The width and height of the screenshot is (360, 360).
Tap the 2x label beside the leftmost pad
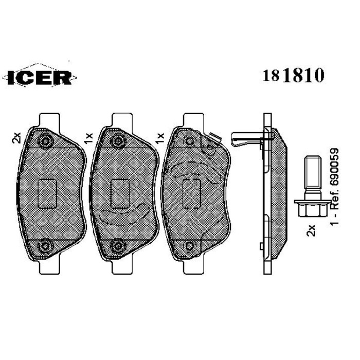[16, 137]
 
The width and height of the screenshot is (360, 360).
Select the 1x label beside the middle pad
[88, 137]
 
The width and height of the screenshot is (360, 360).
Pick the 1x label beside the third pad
[160, 137]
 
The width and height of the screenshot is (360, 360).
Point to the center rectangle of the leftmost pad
[47, 192]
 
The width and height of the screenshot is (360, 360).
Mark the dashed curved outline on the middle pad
[123, 214]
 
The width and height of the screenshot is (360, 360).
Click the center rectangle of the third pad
[192, 193]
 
